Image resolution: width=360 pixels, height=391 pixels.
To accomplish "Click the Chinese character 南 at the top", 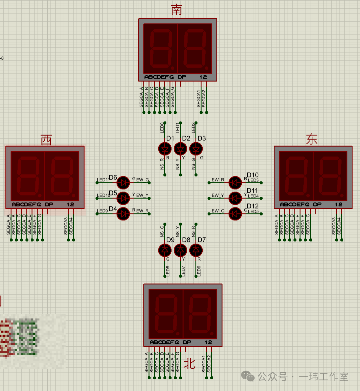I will pos(176,10).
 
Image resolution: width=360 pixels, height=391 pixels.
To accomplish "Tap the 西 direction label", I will pos(46,140).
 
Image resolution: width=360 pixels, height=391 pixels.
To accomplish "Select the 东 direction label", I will pos(312,140).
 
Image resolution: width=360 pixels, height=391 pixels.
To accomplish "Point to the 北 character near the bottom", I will pos(189,364).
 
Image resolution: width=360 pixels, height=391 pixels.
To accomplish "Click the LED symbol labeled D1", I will pos(165,149).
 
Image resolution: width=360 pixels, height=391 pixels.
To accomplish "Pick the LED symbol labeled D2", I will pos(180,149).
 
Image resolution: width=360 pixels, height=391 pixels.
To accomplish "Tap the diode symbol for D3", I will pos(196,149).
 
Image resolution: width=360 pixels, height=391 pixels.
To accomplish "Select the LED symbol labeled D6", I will pos(123,183).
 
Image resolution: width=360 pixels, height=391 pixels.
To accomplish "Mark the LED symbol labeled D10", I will pos(235,183).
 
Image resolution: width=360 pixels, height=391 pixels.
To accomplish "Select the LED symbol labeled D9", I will pos(165,250).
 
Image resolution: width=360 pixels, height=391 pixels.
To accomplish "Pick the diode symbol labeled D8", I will pos(180,250).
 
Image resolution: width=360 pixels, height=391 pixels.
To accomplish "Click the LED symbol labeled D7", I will pos(196,250).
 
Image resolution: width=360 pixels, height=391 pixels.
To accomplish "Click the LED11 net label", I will pos(103,180).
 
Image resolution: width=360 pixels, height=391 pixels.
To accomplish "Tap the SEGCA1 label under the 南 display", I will pos(199,98).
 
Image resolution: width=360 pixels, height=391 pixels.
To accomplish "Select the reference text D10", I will pos(253,175).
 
